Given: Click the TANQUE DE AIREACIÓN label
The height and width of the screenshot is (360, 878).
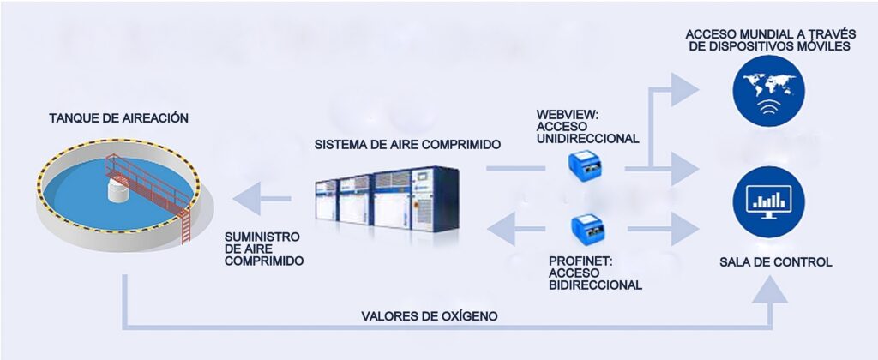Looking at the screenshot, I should coord(118,117).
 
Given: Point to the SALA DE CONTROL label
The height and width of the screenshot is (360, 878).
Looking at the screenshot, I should coord(775,262).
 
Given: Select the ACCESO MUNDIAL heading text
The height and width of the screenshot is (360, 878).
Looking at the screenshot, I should coord(767,39).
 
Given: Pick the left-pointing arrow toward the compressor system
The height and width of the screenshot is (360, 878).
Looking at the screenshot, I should coord(505,228).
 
